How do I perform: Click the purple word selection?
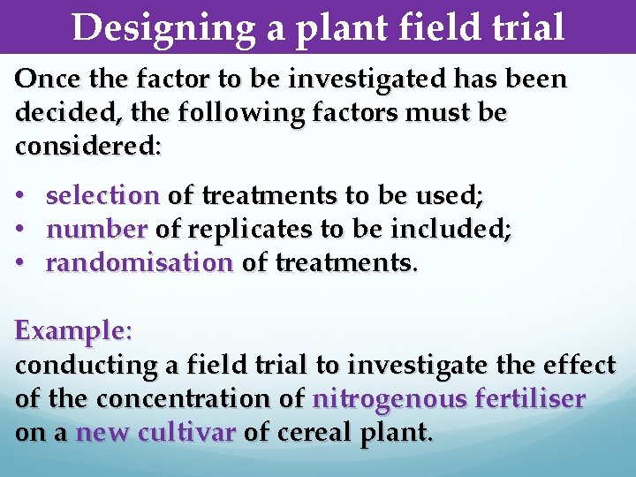(102, 194)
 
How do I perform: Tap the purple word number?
(96, 230)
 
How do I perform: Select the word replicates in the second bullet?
(248, 230)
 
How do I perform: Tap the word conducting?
(86, 365)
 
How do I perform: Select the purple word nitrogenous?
(387, 399)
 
